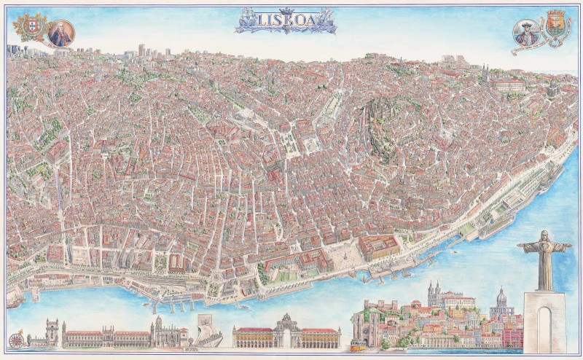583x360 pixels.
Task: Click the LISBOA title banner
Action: [x=286, y=21]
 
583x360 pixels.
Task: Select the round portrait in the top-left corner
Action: [x=61, y=33]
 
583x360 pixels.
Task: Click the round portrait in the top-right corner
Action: [x=526, y=33]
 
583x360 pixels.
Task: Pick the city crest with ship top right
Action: [x=557, y=25]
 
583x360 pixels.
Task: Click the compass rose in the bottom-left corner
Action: [x=15, y=339]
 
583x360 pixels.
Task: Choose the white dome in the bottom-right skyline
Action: [x=501, y=297]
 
